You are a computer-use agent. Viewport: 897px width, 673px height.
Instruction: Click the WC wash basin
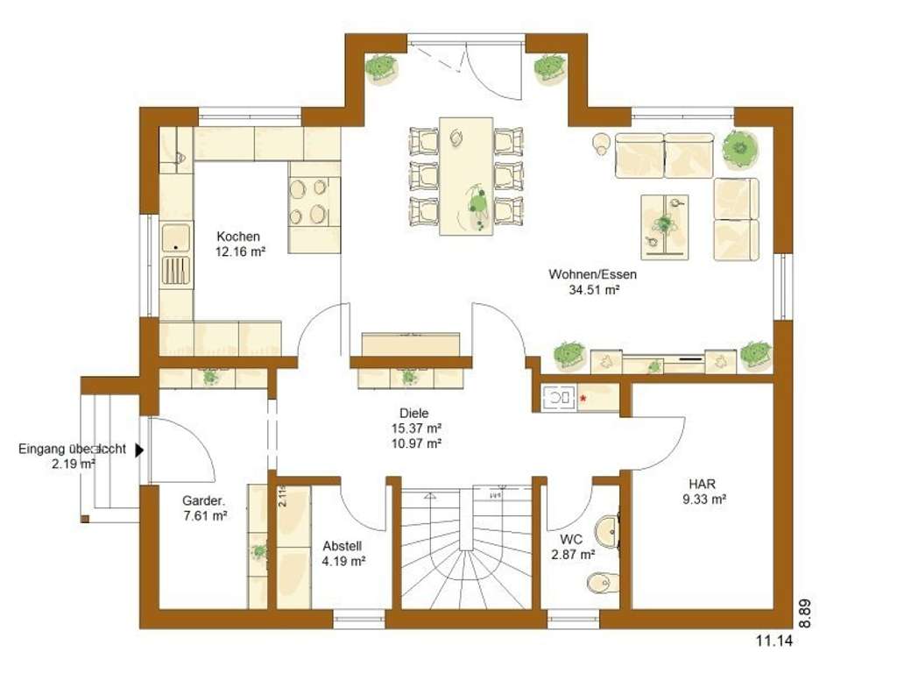pyautogui.click(x=606, y=530)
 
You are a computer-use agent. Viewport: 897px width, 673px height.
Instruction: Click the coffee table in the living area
pyautogui.click(x=665, y=226)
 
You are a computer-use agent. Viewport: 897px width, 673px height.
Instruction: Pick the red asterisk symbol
pyautogui.click(x=583, y=399)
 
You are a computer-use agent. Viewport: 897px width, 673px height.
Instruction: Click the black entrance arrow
pyautogui.click(x=139, y=449)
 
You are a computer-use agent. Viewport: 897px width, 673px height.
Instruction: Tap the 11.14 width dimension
pyautogui.click(x=774, y=641)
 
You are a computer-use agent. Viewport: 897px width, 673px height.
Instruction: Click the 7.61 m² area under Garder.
pyautogui.click(x=205, y=516)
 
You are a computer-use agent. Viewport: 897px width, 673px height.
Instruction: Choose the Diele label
pyautogui.click(x=417, y=412)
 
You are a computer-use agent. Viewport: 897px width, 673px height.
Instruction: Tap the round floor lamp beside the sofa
pyautogui.click(x=602, y=142)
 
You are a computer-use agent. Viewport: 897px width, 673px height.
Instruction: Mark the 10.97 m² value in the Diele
pyautogui.click(x=417, y=443)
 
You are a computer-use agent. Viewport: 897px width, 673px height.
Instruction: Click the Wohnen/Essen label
pyautogui.click(x=593, y=274)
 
